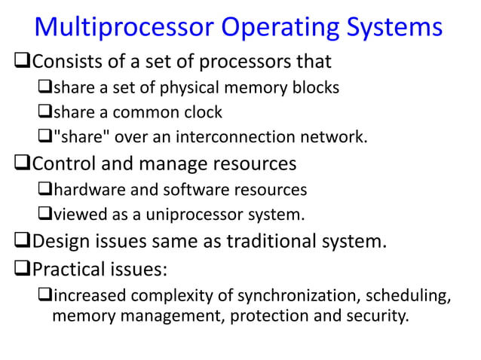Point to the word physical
pyautogui.click(x=193, y=88)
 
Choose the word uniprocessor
pyautogui.click(x=188, y=215)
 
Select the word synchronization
pyautogui.click(x=268, y=293)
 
